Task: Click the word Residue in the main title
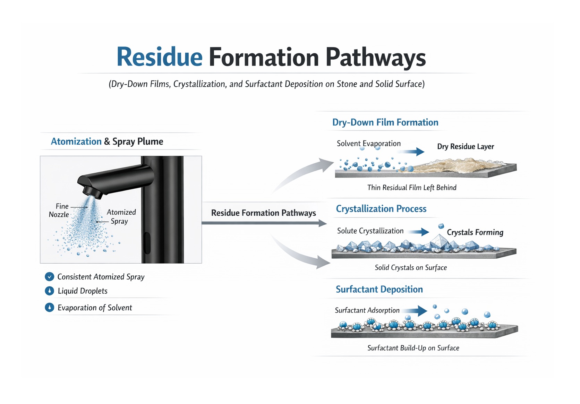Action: tap(160, 57)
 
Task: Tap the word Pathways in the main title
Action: tap(376, 58)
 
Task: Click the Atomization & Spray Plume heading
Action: tap(107, 141)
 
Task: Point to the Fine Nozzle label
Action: tap(59, 210)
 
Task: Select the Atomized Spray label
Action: tap(121, 217)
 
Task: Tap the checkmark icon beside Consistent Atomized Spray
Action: tap(50, 277)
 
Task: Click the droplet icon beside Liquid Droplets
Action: tap(50, 291)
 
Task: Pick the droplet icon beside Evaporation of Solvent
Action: tap(50, 308)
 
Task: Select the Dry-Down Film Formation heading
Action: tap(385, 122)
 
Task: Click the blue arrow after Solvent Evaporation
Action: tap(411, 152)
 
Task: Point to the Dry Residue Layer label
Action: tap(466, 146)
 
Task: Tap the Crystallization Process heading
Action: tap(381, 209)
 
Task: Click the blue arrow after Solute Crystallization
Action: tap(419, 232)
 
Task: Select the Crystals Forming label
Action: tap(475, 232)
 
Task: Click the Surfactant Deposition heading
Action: tap(379, 289)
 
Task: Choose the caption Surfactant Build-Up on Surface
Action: tap(413, 348)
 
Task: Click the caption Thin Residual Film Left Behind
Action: tap(412, 188)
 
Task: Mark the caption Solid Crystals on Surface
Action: tap(411, 268)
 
